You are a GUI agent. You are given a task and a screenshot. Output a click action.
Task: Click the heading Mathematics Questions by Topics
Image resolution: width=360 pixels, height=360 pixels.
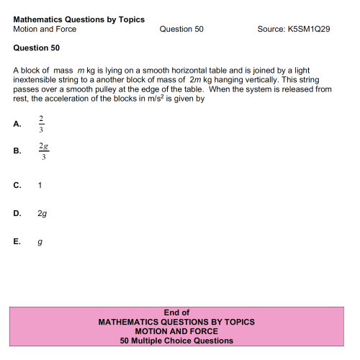78,19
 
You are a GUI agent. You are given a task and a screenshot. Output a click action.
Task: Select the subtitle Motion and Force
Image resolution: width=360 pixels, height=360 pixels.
45,30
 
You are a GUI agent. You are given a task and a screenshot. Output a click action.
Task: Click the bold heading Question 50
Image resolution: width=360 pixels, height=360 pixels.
37,48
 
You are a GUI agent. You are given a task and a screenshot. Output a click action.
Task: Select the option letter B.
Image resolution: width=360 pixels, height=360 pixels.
17,152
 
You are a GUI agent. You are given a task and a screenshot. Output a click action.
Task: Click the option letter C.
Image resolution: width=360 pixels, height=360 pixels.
17,185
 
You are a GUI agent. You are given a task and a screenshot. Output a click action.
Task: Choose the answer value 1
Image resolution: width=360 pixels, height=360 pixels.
40,185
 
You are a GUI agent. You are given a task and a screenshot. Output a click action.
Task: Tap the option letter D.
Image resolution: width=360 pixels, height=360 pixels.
17,213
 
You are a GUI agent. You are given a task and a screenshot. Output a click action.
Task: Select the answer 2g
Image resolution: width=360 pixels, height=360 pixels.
42,213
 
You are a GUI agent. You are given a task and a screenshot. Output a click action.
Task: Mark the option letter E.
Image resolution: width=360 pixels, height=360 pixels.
17,242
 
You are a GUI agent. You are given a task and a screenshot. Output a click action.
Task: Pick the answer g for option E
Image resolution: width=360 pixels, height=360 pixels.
40,243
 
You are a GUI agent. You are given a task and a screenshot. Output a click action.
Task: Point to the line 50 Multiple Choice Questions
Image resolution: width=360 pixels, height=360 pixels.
176,341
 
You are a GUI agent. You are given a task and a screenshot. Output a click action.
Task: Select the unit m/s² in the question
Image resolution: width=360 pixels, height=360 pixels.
155,99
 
